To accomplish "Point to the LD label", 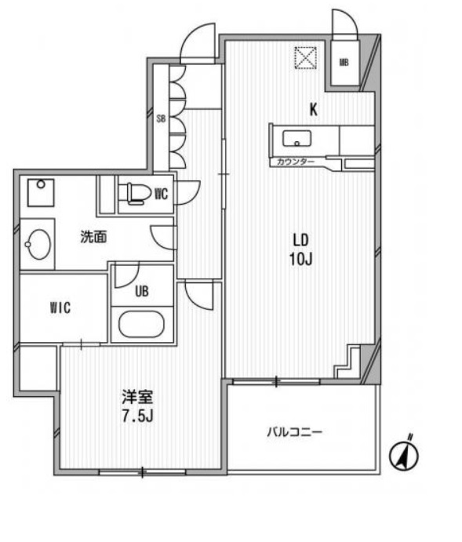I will click(x=301, y=240).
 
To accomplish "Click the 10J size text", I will click(x=301, y=259).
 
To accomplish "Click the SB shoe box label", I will click(x=160, y=119).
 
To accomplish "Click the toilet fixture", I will click(x=134, y=191).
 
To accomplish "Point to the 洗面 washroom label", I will click(x=93, y=237).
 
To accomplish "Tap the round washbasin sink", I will click(x=38, y=245).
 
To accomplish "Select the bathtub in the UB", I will click(x=142, y=324).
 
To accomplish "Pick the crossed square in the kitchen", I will click(x=304, y=58).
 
